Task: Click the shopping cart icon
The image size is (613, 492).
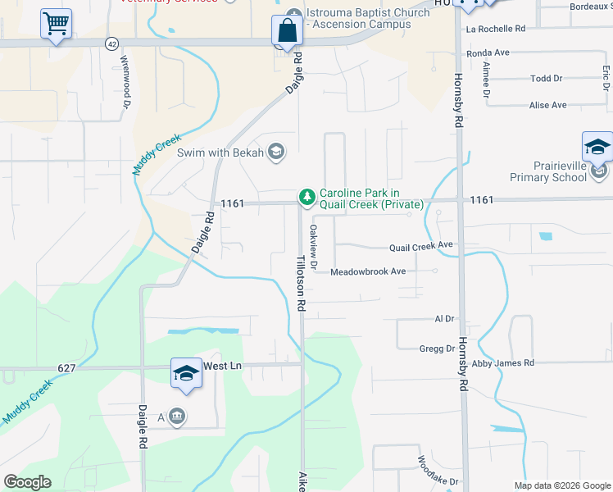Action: tap(56, 25)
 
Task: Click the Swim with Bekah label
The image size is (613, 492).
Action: tap(220, 153)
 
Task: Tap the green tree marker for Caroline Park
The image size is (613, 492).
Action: tap(306, 197)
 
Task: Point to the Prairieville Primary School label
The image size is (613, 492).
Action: tap(560, 171)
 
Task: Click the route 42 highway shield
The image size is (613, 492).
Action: tap(111, 42)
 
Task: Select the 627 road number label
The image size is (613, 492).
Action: tap(68, 368)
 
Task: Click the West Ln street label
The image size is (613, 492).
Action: tap(223, 366)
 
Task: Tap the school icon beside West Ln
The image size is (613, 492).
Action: tap(186, 374)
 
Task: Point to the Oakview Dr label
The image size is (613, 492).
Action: tap(312, 243)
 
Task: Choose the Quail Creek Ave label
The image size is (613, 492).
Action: tap(421, 245)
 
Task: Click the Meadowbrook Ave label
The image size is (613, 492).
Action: tap(368, 271)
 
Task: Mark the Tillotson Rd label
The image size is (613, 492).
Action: tap(301, 281)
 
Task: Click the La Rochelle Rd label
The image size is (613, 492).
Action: tap(495, 29)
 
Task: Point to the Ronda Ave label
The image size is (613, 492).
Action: tap(488, 52)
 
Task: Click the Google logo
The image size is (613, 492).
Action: tap(27, 482)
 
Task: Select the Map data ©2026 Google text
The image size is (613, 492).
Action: tap(562, 485)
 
